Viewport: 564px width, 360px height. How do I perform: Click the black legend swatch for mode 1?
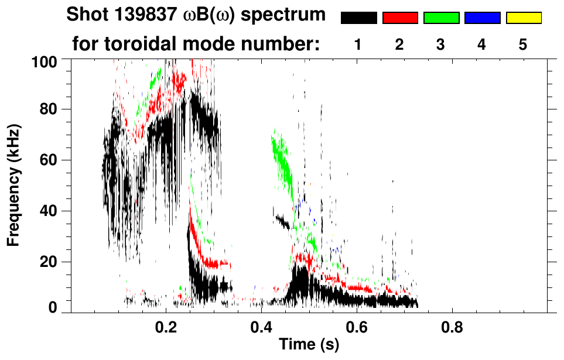tap(358, 18)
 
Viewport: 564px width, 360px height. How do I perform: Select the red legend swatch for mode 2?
tap(400, 18)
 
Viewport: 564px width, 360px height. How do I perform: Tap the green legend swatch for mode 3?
tap(441, 18)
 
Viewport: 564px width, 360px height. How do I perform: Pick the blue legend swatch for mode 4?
tap(482, 18)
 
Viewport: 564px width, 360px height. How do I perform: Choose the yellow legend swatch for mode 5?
tap(523, 18)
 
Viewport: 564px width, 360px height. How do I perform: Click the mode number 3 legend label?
tap(441, 44)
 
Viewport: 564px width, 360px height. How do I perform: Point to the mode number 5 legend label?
tap(523, 44)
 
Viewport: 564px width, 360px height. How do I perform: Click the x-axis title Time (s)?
tap(309, 345)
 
